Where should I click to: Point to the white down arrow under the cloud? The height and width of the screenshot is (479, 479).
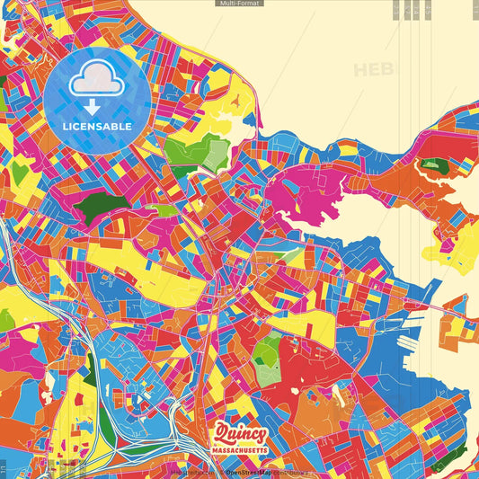[x=93, y=107]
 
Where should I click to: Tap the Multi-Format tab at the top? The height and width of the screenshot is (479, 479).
[x=239, y=4]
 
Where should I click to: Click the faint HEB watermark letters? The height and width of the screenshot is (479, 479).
[x=374, y=69]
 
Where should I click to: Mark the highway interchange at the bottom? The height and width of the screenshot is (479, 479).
[x=193, y=440]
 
